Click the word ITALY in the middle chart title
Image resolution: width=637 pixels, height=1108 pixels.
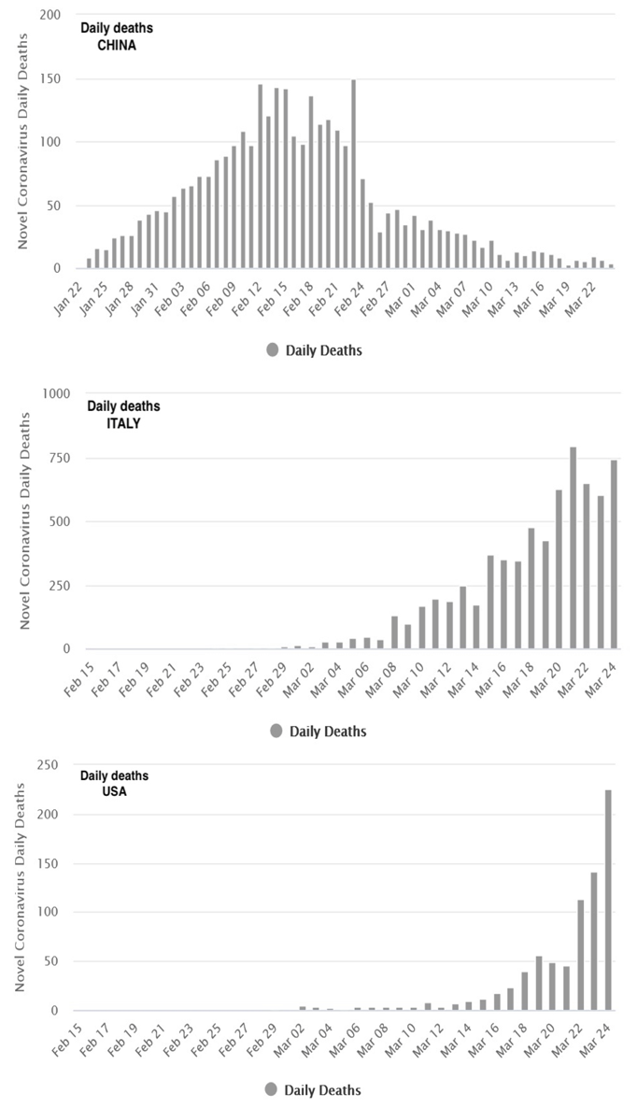coord(123,422)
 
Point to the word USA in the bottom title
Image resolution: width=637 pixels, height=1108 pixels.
coord(115,791)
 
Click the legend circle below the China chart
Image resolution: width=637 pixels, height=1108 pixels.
coord(273,350)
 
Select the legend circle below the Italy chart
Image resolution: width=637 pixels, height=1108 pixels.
coord(276,731)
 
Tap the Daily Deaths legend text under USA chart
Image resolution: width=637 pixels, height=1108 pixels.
coord(322,1089)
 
